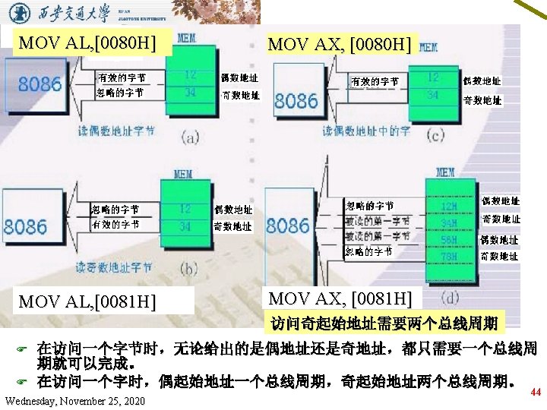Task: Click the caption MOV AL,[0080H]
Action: tap(90, 43)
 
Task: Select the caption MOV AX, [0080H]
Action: tap(340, 45)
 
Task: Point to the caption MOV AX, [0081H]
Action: tap(340, 298)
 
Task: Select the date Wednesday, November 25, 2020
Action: tap(74, 400)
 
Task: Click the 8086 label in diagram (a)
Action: tap(40, 84)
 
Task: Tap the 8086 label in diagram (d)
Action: tap(288, 225)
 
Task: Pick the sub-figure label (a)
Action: tap(190, 138)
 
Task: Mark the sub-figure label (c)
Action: tap(435, 136)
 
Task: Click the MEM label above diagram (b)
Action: tap(183, 175)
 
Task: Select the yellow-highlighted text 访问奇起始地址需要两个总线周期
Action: tap(384, 324)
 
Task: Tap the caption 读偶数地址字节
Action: tap(117, 131)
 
